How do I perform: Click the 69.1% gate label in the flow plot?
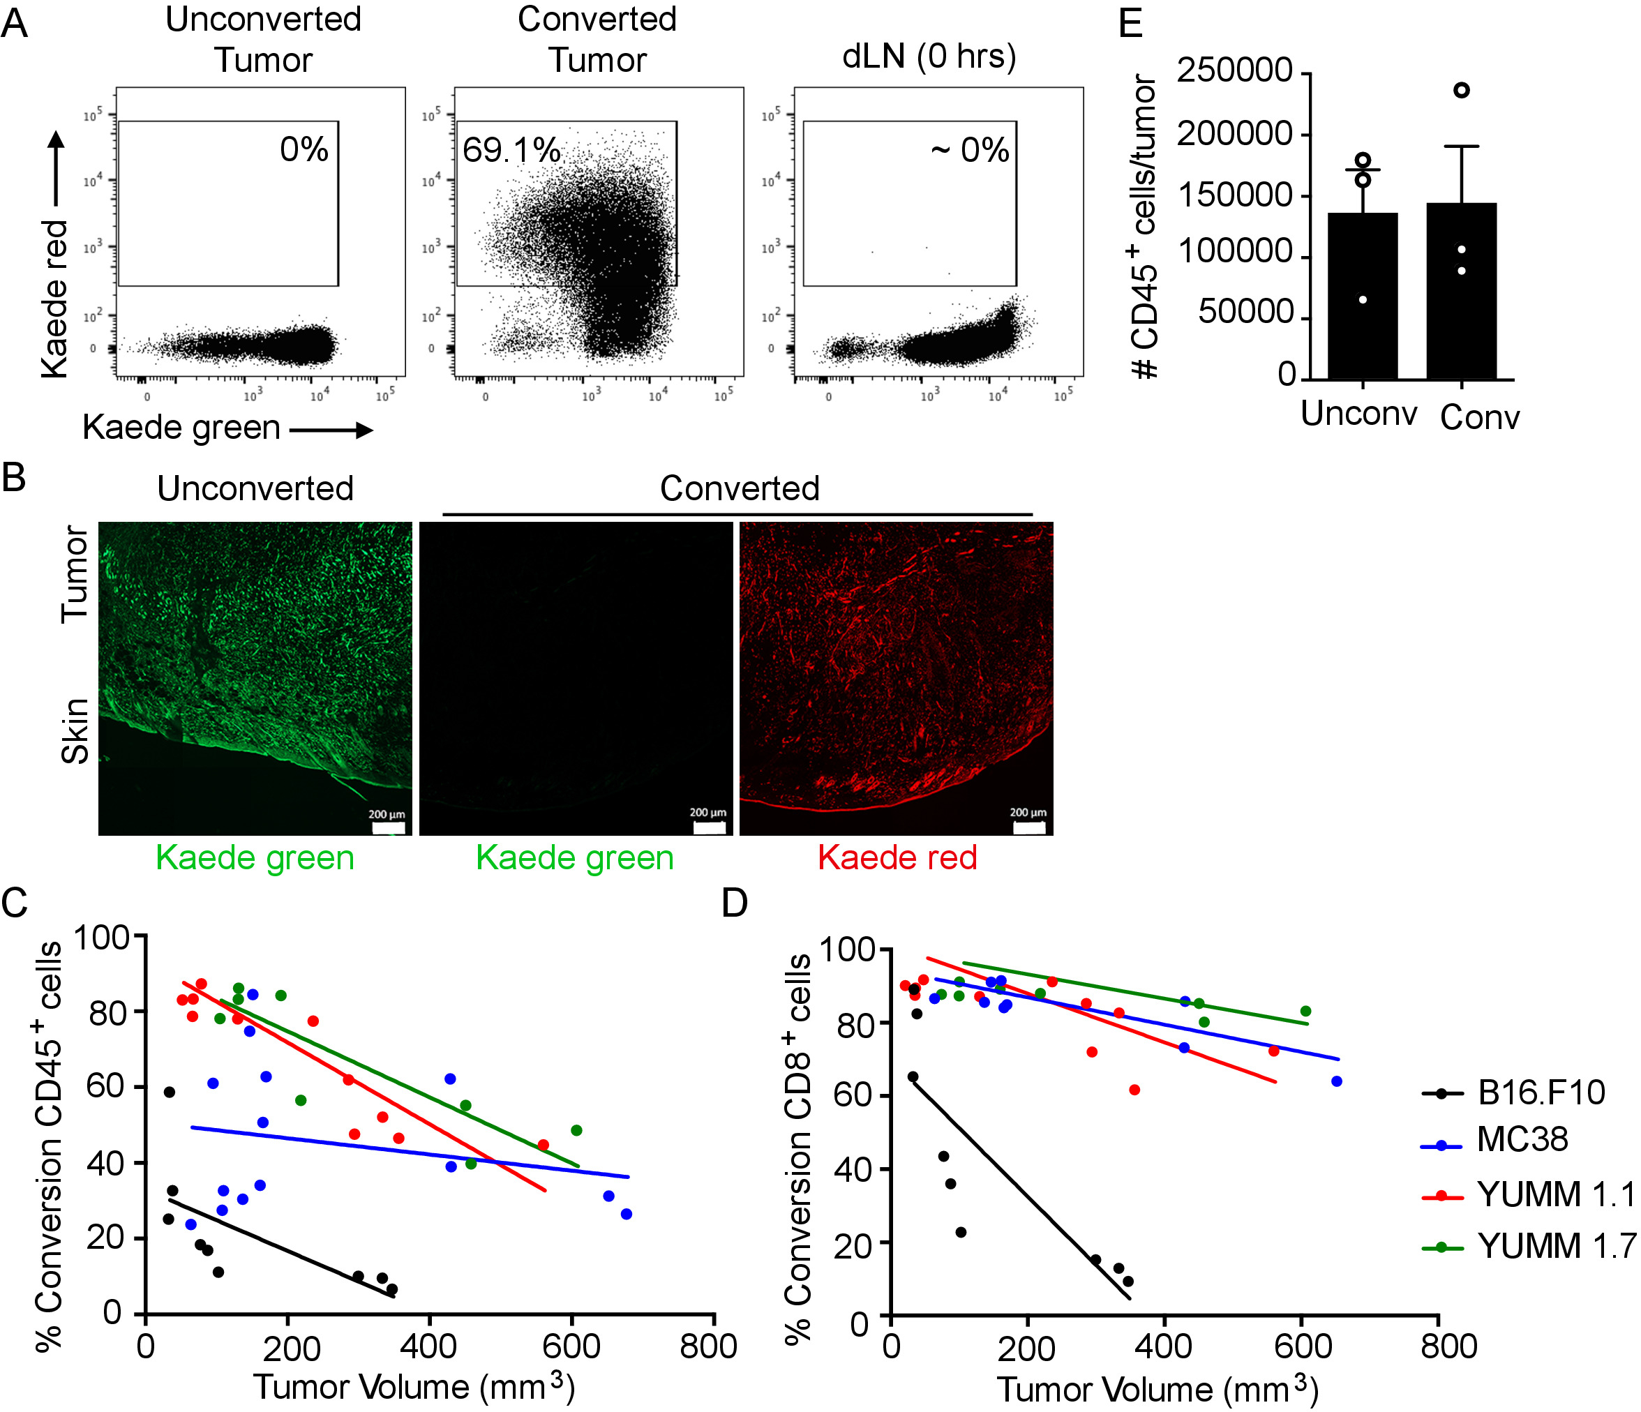pos(511,150)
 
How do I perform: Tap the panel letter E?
pos(1130,24)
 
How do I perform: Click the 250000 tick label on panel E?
pos(1235,70)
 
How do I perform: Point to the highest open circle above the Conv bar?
pos(1462,90)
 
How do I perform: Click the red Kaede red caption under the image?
pos(897,857)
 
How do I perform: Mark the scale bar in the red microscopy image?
pos(1029,827)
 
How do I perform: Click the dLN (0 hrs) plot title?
pos(929,57)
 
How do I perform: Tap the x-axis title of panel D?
pos(1156,1389)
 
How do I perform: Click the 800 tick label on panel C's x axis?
pos(708,1346)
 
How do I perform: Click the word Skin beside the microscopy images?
pos(75,731)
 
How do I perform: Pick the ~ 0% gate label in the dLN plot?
pos(971,150)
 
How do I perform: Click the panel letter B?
pos(13,478)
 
